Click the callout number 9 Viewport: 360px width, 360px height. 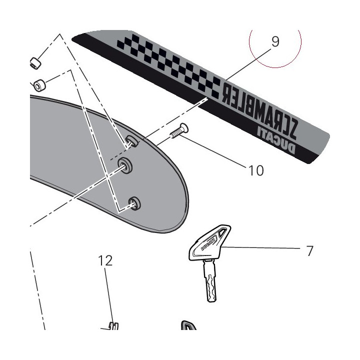point(275,42)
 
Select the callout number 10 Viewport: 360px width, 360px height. point(256,170)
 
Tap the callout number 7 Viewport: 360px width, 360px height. point(310,251)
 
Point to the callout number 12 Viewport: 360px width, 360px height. point(105,260)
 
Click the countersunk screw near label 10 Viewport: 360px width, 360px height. point(179,131)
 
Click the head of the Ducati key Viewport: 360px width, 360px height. point(209,242)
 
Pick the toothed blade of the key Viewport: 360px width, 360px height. point(210,280)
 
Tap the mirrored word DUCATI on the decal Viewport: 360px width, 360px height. point(275,140)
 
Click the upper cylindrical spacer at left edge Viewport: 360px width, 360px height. point(35,63)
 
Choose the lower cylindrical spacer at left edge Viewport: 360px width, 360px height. point(39,85)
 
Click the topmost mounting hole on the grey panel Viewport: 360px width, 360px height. point(132,141)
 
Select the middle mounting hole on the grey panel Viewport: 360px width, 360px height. point(125,165)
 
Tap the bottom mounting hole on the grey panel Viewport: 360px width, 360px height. point(134,203)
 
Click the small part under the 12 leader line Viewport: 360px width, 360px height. point(113,326)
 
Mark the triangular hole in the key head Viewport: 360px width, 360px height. point(222,232)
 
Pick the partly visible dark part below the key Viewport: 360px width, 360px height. point(188,325)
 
